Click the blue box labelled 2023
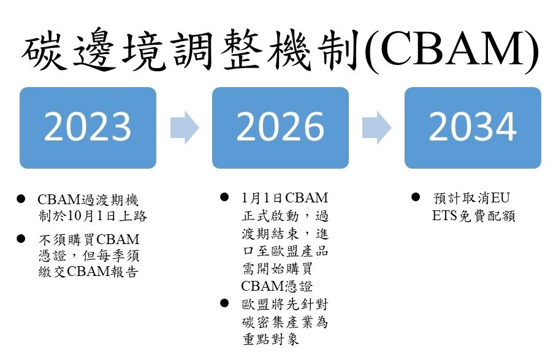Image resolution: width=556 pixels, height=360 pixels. (x=88, y=128)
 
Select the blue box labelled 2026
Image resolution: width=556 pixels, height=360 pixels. (x=280, y=128)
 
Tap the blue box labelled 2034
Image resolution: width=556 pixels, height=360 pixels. (x=473, y=128)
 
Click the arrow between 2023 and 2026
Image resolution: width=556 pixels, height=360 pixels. (x=185, y=128)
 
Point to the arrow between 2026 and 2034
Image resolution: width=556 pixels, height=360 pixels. (x=376, y=128)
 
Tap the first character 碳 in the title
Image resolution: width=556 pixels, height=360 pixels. (x=44, y=49)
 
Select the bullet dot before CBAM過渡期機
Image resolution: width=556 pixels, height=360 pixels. (x=21, y=199)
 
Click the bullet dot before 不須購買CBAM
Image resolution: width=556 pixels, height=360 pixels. (x=21, y=239)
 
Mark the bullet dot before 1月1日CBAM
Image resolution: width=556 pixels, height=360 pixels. (x=224, y=196)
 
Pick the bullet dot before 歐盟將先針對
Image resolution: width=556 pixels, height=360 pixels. (x=224, y=303)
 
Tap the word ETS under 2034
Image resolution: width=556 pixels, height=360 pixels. (x=444, y=216)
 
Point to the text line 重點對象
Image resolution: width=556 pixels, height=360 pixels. (x=271, y=339)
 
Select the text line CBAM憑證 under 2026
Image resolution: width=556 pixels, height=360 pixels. (x=277, y=286)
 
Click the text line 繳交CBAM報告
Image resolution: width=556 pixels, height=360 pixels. (x=88, y=271)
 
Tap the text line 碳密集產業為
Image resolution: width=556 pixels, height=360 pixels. (x=285, y=322)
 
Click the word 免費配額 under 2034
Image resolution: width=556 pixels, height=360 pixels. (x=487, y=216)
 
